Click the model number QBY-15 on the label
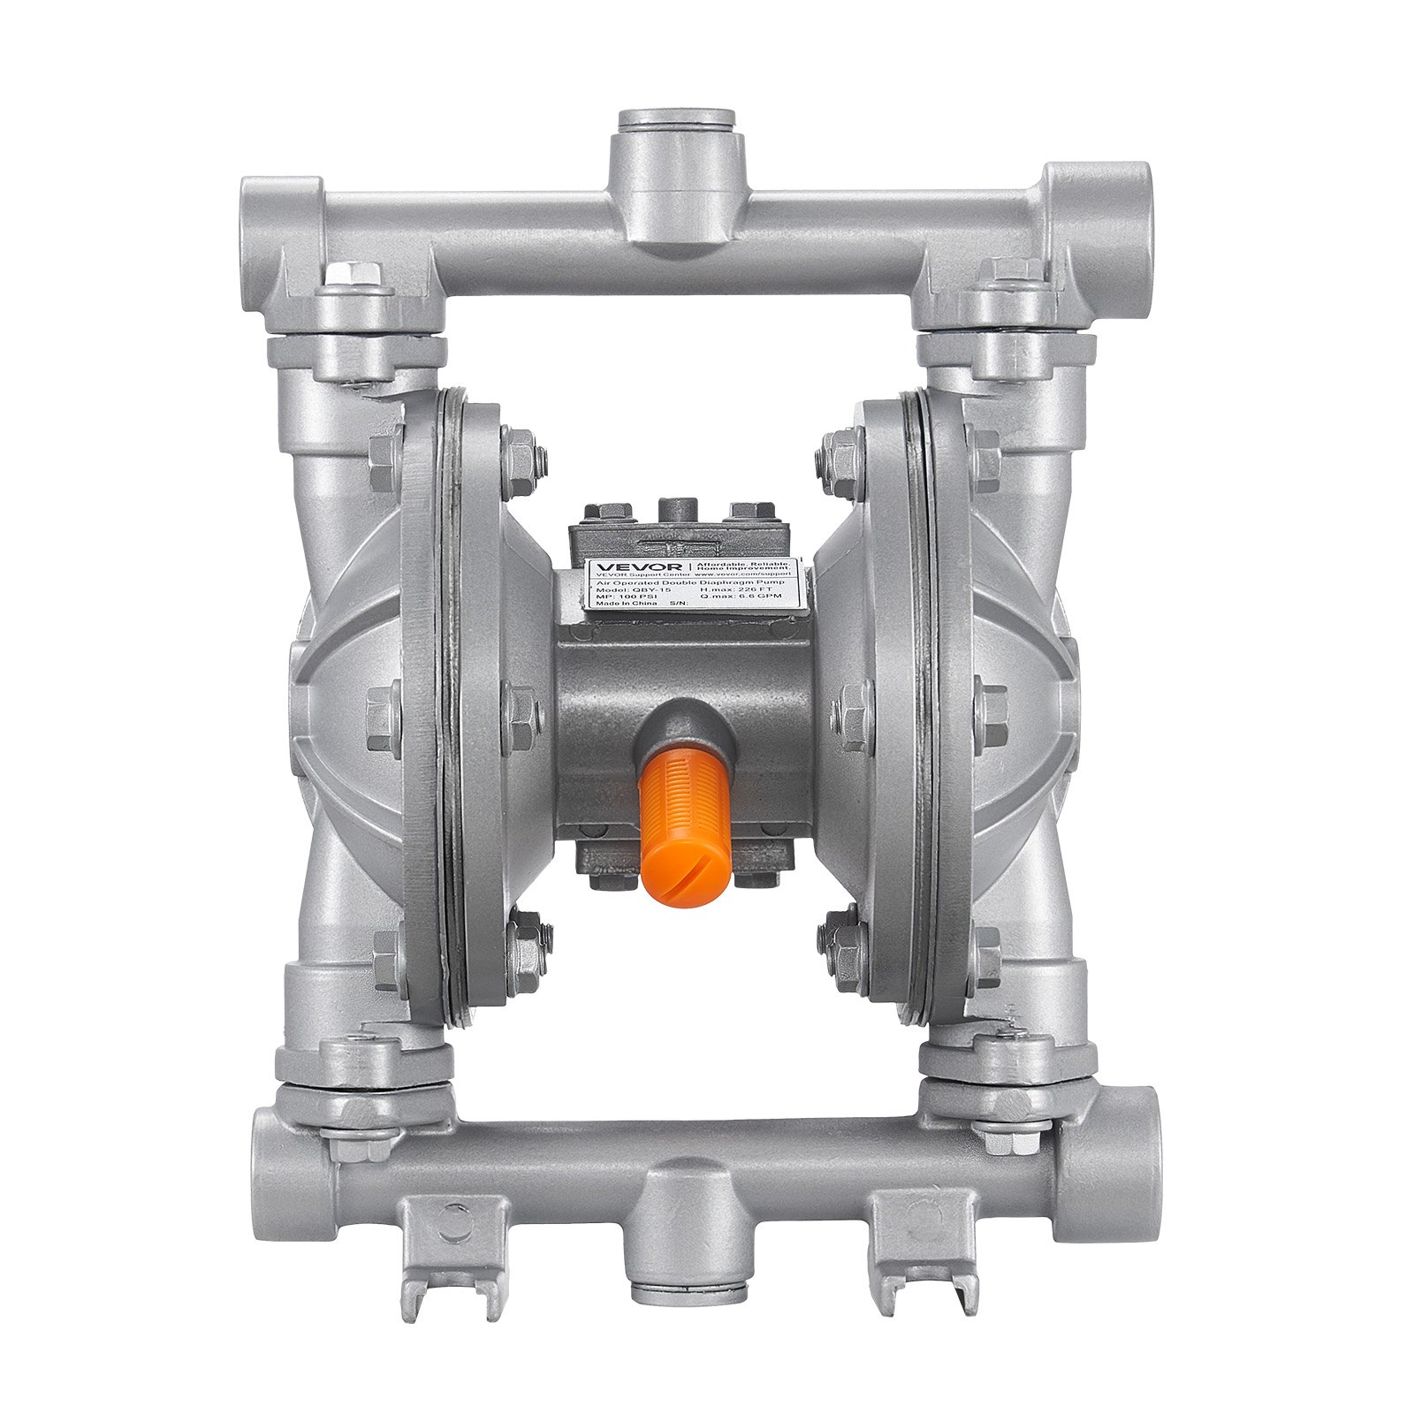tap(651, 589)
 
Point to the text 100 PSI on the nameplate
tap(638, 597)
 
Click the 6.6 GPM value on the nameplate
tap(760, 596)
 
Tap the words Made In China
tap(626, 604)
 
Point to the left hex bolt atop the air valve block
tap(610, 510)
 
